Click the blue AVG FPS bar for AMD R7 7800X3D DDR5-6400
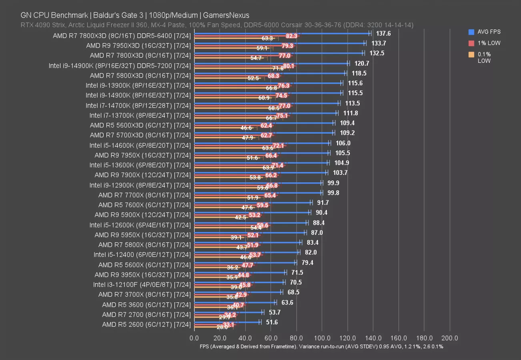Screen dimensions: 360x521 click(282, 33)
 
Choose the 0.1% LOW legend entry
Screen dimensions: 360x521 click(484, 58)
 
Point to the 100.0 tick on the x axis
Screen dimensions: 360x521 click(322, 338)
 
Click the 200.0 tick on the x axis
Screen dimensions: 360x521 click(450, 338)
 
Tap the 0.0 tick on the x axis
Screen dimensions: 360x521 click(194, 338)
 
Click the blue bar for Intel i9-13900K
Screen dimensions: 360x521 click(268, 83)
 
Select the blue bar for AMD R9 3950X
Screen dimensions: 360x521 click(240, 272)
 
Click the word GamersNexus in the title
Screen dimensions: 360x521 click(226, 15)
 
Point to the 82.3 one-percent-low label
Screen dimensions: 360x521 click(292, 36)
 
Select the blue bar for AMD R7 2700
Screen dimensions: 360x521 click(228, 312)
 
